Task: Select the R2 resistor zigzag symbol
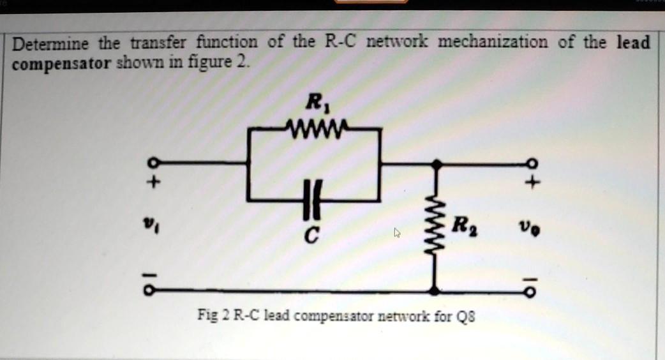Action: [x=435, y=227]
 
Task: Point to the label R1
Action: [x=315, y=101]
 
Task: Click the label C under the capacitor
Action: [x=310, y=237]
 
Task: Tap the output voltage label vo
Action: [x=530, y=227]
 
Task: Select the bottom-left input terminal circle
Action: [x=148, y=290]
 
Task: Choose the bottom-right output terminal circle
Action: [x=532, y=291]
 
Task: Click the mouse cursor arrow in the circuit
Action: [x=397, y=233]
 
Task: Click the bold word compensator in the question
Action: [x=63, y=64]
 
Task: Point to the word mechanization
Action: [x=493, y=43]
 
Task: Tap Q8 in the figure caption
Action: [x=467, y=316]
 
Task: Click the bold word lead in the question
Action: [x=633, y=43]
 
